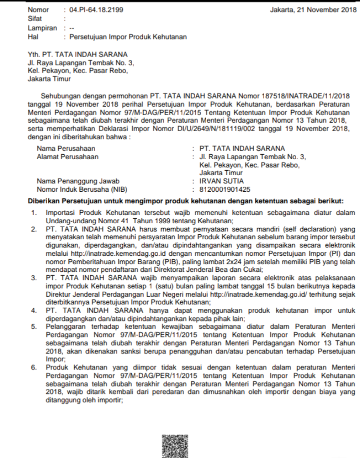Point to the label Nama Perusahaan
[x=66, y=149]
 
